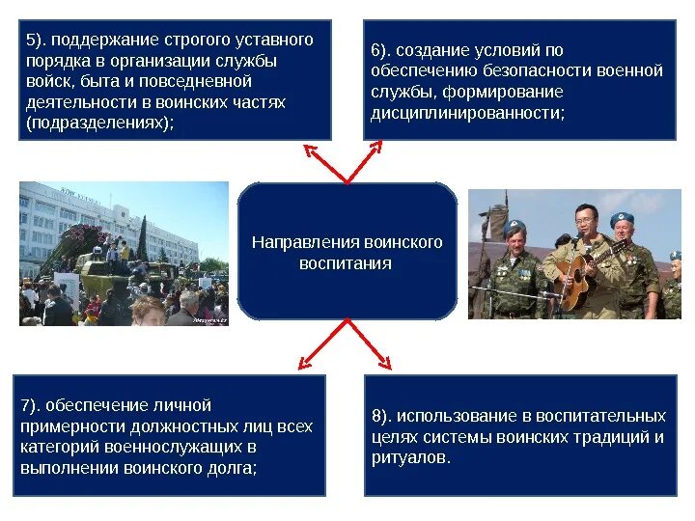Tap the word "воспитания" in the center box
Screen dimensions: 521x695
pos(346,262)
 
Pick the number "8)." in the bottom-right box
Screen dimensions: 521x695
pos(382,416)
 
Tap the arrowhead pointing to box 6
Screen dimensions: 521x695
pos(378,147)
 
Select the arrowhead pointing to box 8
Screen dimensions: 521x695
pos(385,365)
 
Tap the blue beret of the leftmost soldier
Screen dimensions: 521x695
pos(514,229)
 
